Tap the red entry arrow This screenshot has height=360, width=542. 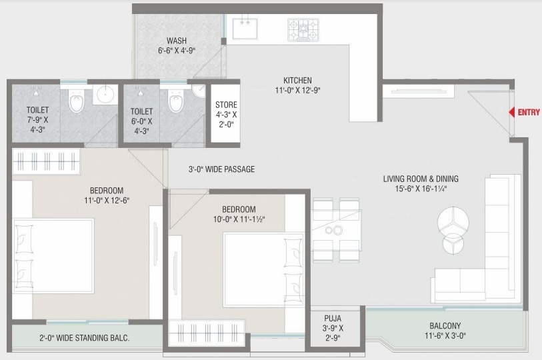pos(512,113)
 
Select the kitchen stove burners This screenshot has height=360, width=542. pos(303,29)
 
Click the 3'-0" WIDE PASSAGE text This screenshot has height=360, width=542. pos(221,169)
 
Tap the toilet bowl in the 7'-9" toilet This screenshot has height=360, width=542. pos(76,102)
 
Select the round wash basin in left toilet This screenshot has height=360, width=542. pos(105,95)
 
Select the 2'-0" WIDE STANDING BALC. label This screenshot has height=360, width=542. pos(84,338)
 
